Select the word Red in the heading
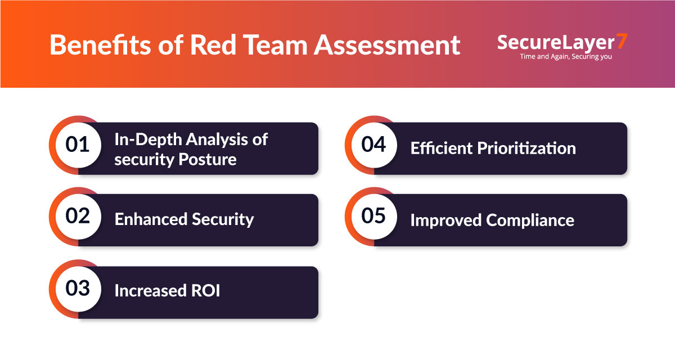pos(215,45)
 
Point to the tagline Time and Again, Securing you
pos(566,56)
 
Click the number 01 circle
pos(78,145)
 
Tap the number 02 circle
pos(78,217)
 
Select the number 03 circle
pos(78,289)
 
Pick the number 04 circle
pos(373,145)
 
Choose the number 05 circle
pos(373,217)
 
